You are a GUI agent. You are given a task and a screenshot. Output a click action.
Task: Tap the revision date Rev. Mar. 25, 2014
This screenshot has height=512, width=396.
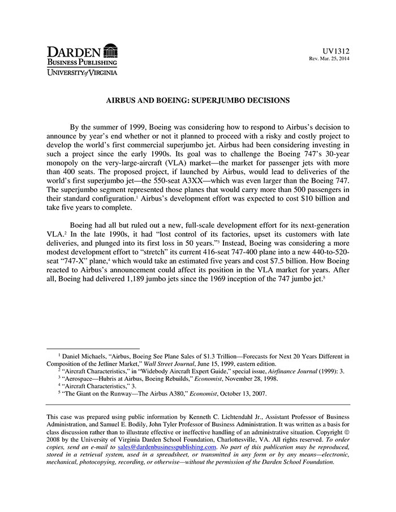point(329,59)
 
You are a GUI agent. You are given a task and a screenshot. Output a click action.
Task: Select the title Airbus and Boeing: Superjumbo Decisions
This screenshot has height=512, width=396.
point(198,100)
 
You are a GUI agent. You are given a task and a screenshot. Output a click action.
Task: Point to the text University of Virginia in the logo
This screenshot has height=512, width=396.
point(82,72)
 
